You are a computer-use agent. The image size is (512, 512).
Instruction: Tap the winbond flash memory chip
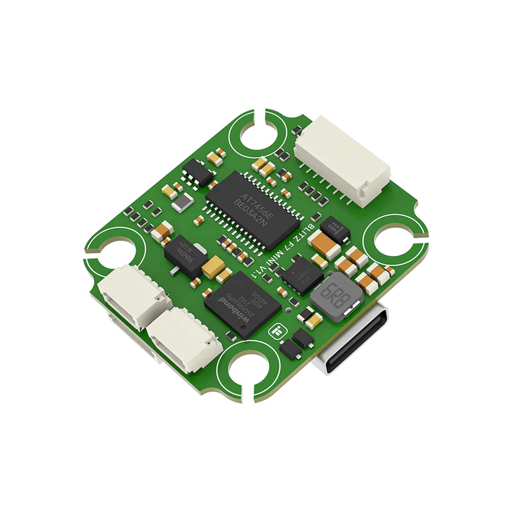coord(243,304)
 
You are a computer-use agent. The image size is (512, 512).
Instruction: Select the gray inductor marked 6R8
coord(337,297)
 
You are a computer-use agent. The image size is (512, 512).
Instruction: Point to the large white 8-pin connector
coord(342,159)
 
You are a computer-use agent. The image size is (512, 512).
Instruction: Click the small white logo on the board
coord(275,331)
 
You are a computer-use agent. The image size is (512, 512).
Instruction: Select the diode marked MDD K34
coord(335,230)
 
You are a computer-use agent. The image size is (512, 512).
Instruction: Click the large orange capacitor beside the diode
coord(324,244)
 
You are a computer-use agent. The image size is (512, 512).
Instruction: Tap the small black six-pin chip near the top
coord(198,173)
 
